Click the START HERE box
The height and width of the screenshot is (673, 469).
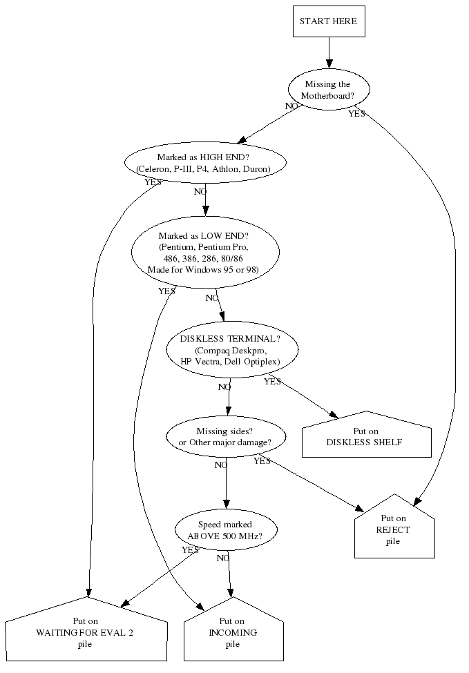pos(329,21)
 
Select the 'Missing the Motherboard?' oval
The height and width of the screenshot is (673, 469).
pos(329,90)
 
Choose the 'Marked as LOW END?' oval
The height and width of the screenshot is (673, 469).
pos(204,252)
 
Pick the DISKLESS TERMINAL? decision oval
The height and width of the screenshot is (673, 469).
pos(232,350)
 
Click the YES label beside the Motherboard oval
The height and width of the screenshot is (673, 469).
pos(356,114)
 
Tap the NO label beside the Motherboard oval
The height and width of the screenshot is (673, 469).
pos(292,106)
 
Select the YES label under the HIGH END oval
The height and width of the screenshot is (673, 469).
pos(153,182)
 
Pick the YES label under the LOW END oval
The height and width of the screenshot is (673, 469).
pos(166,291)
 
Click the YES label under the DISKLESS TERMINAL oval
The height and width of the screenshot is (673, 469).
pos(272,382)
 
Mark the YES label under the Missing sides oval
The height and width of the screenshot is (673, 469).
pos(262,461)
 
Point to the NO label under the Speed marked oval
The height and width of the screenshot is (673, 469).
pos(222,558)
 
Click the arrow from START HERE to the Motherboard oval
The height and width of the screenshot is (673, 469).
pos(329,52)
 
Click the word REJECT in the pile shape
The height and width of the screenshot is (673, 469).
pos(393,530)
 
